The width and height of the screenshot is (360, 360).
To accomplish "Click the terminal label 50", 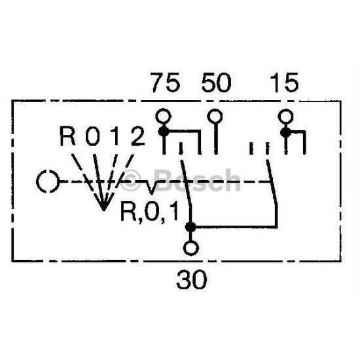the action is pyautogui.click(x=216, y=82).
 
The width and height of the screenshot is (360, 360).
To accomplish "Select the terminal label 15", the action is pyautogui.click(x=285, y=82).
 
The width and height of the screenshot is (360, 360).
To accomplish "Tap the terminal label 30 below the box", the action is pyautogui.click(x=192, y=279).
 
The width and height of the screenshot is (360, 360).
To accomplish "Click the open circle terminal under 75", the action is pyautogui.click(x=164, y=116).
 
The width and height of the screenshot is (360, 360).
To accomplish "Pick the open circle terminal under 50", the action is pyautogui.click(x=215, y=116).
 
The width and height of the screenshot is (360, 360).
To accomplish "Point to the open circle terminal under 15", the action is pyautogui.click(x=285, y=116).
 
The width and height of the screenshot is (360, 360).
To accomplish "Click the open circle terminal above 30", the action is pyautogui.click(x=191, y=248).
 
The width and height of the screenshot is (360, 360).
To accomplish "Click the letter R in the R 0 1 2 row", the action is pyautogui.click(x=67, y=136).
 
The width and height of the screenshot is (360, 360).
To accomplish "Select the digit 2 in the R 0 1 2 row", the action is pyautogui.click(x=138, y=136).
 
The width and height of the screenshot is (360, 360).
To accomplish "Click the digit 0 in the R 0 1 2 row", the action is pyautogui.click(x=93, y=136).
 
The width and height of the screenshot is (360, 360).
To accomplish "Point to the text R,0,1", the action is pyautogui.click(x=149, y=212).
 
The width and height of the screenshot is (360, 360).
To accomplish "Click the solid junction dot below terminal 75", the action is pyautogui.click(x=164, y=132).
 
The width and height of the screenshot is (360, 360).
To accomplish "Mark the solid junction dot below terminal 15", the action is pyautogui.click(x=286, y=132).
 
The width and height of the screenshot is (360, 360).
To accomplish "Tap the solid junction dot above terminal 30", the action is pyautogui.click(x=190, y=227).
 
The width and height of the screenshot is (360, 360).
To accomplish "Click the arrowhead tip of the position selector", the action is pyautogui.click(x=104, y=210).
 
